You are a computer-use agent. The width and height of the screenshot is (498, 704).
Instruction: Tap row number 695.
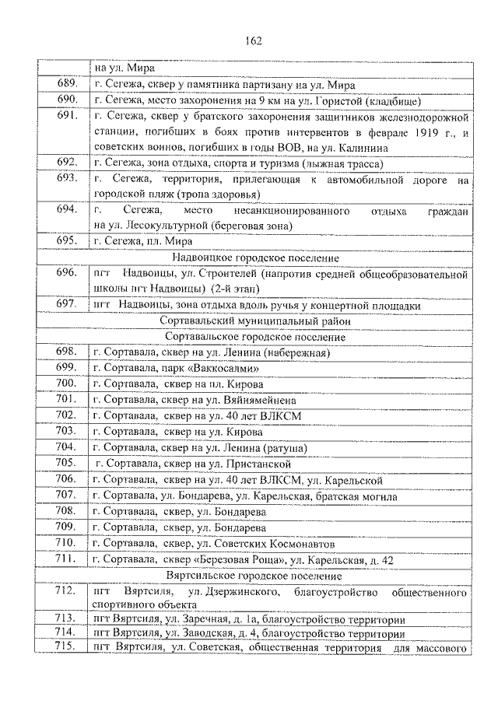coord(67,241)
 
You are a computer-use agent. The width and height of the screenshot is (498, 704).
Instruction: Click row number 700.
coord(67,384)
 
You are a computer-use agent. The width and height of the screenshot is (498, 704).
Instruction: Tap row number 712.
coord(67,591)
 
